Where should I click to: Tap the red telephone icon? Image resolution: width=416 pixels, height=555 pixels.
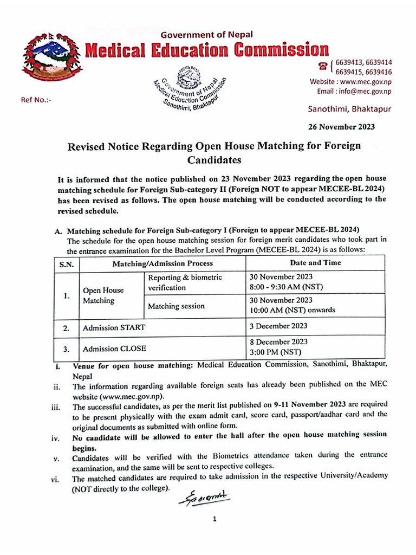coord(323,66)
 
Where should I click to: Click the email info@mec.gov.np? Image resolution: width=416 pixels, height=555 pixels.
coord(354,91)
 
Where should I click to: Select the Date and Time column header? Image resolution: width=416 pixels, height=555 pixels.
coord(315,263)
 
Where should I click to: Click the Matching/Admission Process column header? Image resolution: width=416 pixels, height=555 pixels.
coord(162,263)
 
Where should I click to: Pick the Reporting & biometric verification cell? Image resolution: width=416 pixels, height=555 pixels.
coord(185,282)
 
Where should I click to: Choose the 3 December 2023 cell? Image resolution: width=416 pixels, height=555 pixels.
coord(278,326)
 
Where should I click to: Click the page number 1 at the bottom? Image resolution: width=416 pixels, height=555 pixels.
coord(214,519)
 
